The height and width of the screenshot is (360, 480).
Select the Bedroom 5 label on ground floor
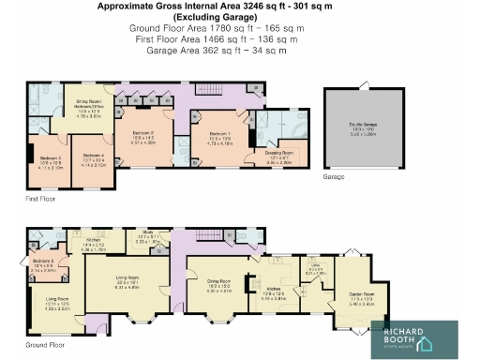(x=45, y=262)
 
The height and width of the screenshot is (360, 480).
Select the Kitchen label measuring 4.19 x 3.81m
(x=273, y=293)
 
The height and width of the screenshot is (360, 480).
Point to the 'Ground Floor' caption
(x=44, y=346)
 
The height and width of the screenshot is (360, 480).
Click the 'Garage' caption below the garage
(x=334, y=176)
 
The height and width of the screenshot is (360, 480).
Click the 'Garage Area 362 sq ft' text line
(x=212, y=52)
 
